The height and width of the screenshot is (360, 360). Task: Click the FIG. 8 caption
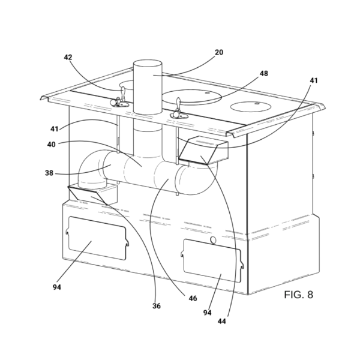click(x=298, y=295)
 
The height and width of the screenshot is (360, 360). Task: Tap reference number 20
click(x=219, y=52)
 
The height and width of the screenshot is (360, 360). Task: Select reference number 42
click(x=68, y=57)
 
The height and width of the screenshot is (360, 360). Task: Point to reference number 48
click(x=264, y=73)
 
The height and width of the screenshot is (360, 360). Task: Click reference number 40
click(x=52, y=145)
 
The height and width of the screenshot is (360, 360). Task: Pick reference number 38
click(x=49, y=173)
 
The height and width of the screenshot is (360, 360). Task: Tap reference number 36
click(x=157, y=306)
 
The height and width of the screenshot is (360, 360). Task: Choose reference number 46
click(x=193, y=298)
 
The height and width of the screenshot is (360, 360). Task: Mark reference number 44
click(x=222, y=322)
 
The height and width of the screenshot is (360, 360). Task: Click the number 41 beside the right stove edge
click(x=314, y=80)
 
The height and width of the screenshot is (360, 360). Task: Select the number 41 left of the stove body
click(x=55, y=129)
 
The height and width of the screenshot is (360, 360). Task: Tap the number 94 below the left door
click(x=57, y=287)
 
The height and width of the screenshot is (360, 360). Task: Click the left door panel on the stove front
click(x=97, y=238)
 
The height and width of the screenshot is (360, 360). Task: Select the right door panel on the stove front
click(x=212, y=261)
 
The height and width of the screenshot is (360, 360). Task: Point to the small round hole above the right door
click(x=213, y=240)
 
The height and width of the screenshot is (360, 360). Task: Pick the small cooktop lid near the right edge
click(x=251, y=107)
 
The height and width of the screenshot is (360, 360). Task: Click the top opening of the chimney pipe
click(x=148, y=64)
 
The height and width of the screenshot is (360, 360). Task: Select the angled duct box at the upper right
click(x=203, y=150)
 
